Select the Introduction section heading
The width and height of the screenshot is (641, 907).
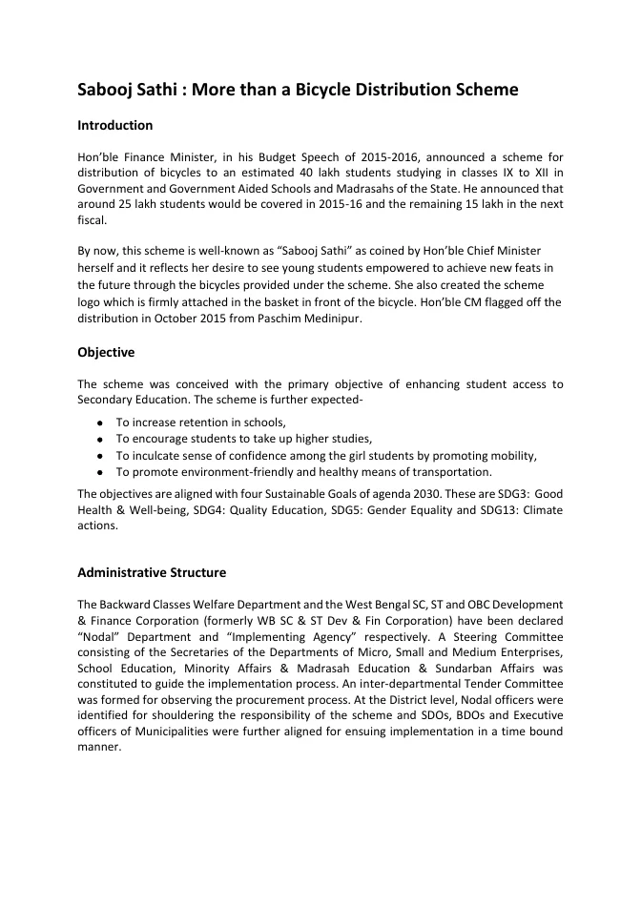pyautogui.click(x=114, y=126)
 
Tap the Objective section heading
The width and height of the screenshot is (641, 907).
pyautogui.click(x=105, y=353)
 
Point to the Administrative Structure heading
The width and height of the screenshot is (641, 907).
pyautogui.click(x=151, y=573)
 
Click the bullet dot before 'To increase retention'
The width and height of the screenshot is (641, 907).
pyautogui.click(x=99, y=423)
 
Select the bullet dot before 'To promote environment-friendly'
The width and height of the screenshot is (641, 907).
pyautogui.click(x=99, y=472)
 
